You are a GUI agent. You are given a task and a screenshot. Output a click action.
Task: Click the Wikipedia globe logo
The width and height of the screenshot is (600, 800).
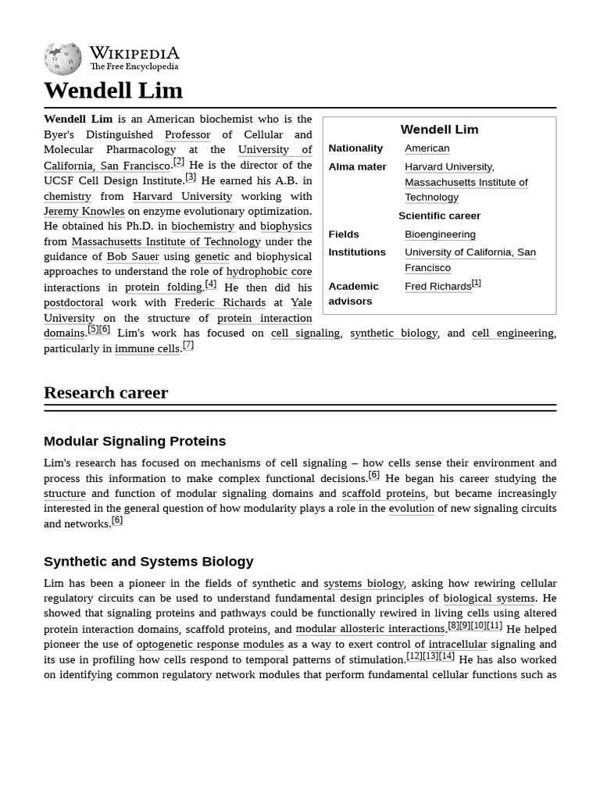62,59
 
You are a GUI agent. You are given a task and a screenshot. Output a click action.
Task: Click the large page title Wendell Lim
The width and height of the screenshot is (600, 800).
113,91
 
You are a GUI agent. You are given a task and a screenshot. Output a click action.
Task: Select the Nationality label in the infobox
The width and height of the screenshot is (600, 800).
355,148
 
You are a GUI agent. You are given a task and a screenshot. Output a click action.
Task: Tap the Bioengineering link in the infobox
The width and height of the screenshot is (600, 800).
440,234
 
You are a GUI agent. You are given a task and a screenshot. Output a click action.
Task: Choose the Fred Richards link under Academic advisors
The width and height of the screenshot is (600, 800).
437,287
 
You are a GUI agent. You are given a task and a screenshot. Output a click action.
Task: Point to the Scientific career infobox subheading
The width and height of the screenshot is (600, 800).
439,216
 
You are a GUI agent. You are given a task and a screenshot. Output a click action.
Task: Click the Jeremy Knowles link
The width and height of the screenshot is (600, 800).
84,211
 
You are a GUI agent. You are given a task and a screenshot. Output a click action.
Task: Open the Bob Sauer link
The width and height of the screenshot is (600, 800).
133,256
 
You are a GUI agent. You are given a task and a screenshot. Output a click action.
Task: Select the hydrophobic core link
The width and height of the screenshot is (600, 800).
269,272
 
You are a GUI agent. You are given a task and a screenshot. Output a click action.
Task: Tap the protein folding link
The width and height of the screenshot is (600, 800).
163,287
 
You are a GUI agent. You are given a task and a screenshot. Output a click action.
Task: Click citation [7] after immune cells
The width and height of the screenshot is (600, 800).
187,345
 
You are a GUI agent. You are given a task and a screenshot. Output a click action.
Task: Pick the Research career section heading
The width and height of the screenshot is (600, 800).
105,392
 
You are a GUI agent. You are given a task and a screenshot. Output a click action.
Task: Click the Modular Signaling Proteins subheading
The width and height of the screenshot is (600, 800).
134,441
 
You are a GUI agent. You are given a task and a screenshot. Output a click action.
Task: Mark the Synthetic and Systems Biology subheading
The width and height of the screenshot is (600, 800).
148,562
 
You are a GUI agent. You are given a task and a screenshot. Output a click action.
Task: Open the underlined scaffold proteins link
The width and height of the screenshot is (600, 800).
383,494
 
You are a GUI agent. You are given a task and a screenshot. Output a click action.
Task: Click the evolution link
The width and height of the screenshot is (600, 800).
411,509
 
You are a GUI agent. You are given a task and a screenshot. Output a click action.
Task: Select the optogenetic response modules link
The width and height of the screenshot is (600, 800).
209,645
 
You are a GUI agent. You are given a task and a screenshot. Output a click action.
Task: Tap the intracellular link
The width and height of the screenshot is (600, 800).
457,645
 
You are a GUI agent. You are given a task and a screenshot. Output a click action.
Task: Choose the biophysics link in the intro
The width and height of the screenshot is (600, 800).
286,226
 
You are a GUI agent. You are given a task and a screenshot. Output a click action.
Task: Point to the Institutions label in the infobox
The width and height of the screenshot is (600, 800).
357,252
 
